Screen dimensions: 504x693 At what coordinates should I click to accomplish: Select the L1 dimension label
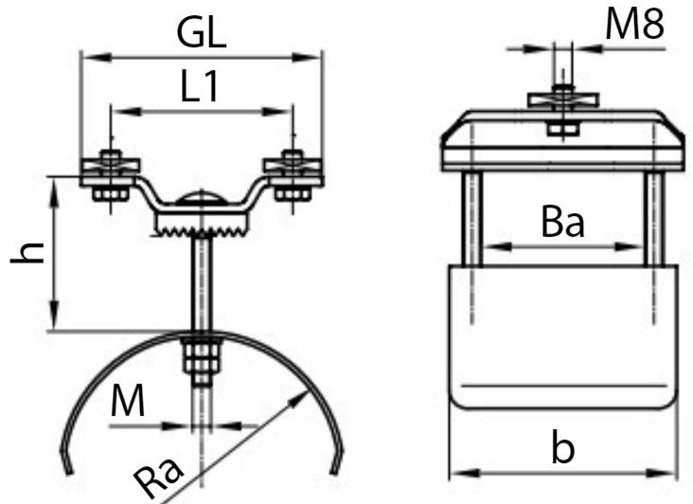pos(201,88)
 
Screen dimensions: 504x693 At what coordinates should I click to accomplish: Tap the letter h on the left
pos(28,253)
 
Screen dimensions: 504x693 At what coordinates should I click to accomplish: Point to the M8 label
pos(635,26)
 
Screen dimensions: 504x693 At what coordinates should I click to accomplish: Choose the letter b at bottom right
pos(563,447)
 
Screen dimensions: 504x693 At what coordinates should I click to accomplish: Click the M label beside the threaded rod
pos(127,402)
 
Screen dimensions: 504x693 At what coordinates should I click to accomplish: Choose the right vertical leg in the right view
pos(652,218)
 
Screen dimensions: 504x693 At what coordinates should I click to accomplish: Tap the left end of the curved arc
pos(68,469)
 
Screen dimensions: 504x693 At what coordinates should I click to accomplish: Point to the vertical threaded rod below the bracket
pos(201,284)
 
